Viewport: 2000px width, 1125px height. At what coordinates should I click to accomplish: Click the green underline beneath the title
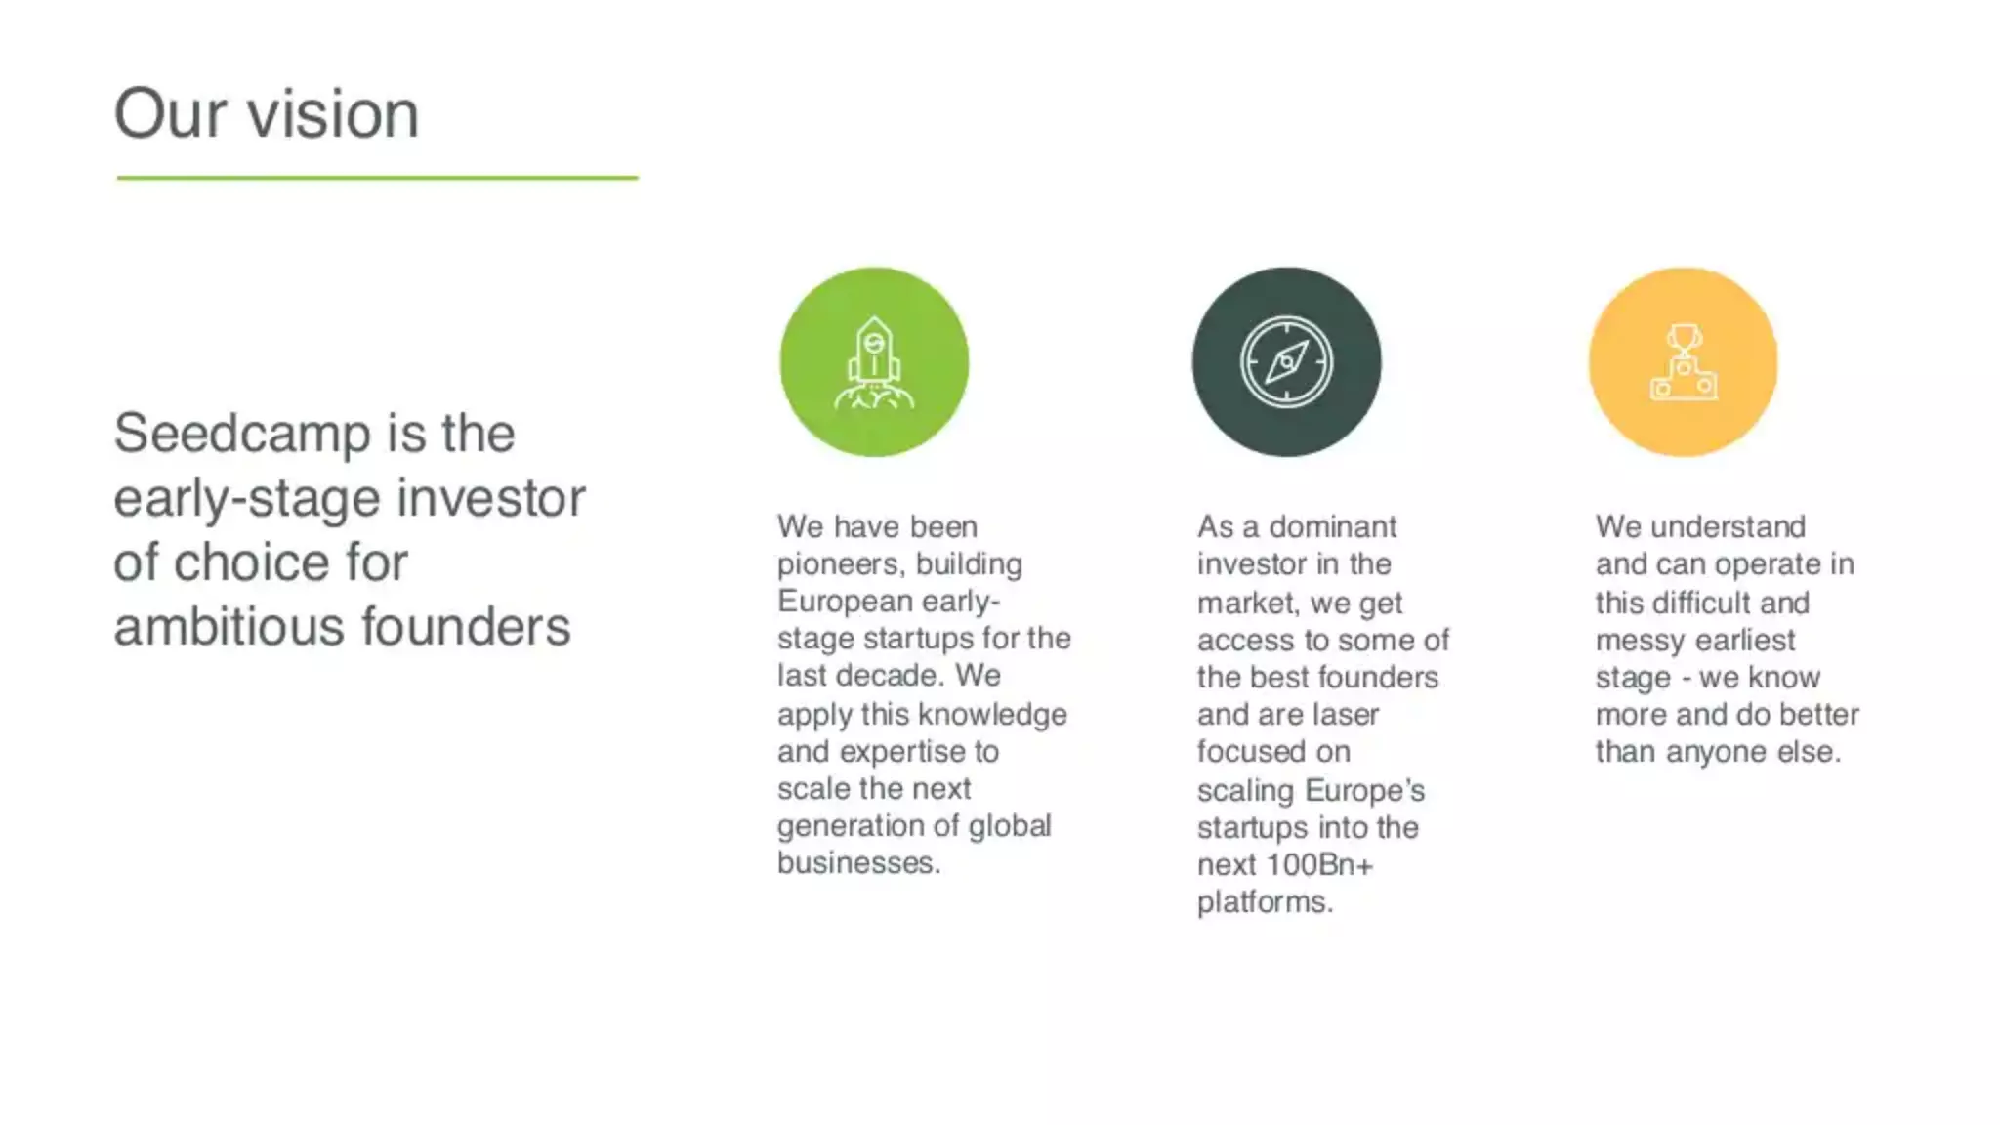click(377, 178)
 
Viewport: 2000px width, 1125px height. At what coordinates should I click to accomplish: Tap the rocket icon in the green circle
click(874, 362)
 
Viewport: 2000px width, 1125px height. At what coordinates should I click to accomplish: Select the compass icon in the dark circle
click(1286, 362)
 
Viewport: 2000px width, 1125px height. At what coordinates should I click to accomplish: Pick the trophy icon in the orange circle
click(1683, 362)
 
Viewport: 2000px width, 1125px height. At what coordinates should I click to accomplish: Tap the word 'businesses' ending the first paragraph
click(855, 863)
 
